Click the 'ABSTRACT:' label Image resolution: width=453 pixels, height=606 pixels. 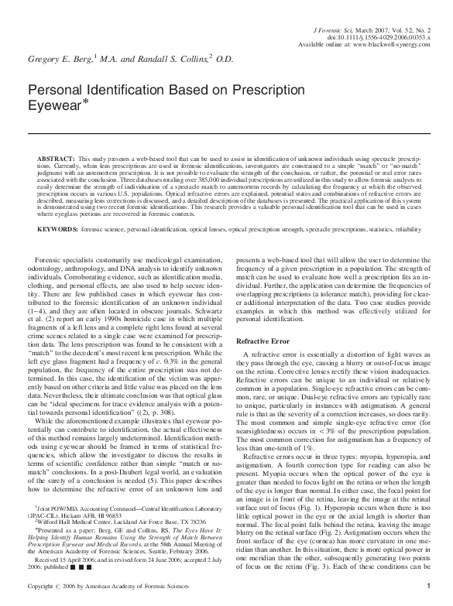pyautogui.click(x=56, y=157)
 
